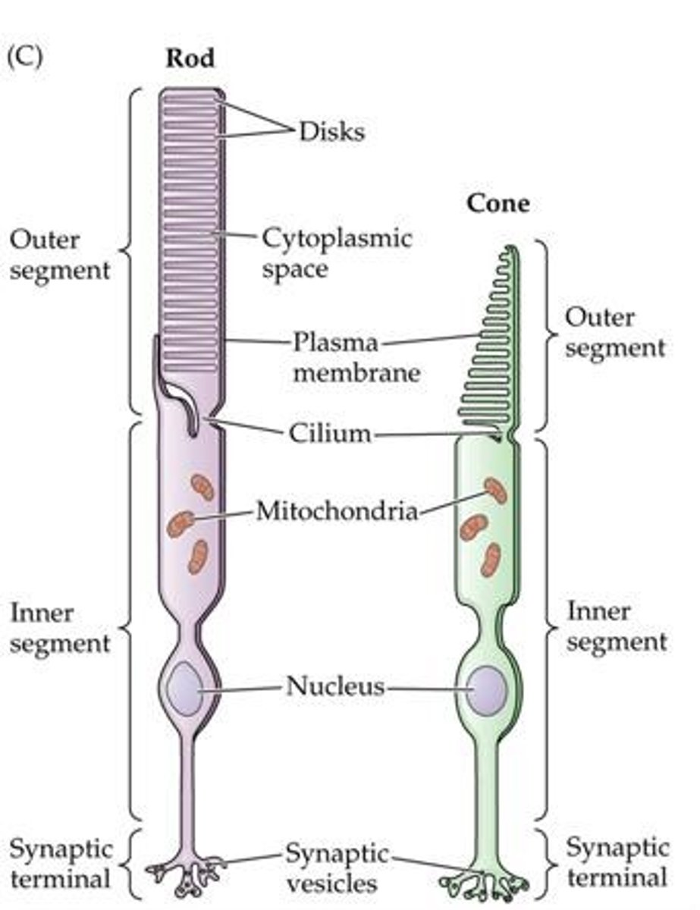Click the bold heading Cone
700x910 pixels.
coord(498,204)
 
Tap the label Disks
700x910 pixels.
coord(331,131)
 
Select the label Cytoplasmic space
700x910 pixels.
coord(337,253)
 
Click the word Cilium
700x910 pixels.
coord(329,434)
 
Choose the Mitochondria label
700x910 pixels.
coord(337,511)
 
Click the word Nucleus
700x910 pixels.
coord(335,688)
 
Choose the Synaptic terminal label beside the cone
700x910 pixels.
coord(617,863)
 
